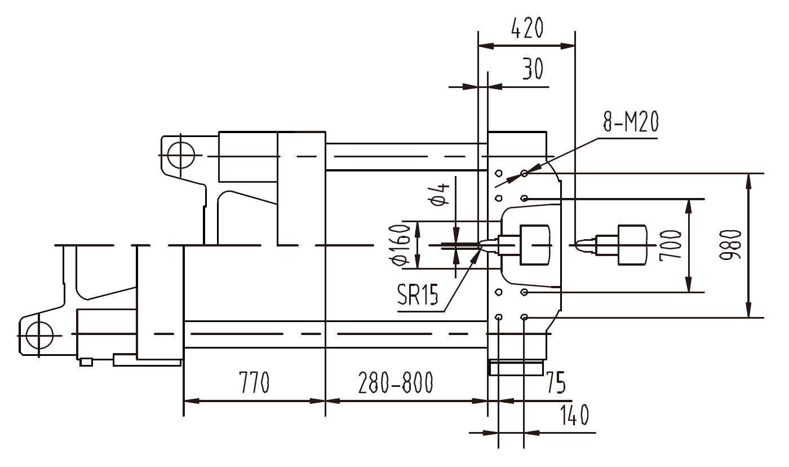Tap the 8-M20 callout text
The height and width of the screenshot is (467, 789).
point(630,122)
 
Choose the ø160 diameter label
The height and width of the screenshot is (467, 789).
point(401,244)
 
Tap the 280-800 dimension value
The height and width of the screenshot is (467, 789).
point(396,384)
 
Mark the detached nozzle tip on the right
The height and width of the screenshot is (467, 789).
point(584,244)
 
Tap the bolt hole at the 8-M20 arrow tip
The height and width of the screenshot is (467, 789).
point(524,173)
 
